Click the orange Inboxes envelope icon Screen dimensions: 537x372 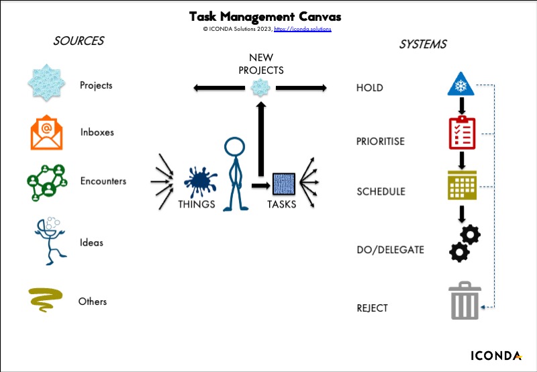(x=46, y=132)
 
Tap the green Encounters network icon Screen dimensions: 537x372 (x=47, y=182)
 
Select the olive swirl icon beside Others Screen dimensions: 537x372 (x=46, y=299)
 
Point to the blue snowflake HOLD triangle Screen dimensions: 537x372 (x=460, y=84)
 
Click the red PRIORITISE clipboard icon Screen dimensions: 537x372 (x=462, y=132)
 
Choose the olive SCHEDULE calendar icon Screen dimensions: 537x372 (x=462, y=185)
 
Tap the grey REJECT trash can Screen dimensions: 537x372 (x=465, y=300)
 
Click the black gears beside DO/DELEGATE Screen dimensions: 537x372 (x=465, y=243)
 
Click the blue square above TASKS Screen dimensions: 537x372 (x=283, y=184)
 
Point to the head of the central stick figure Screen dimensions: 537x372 (x=234, y=147)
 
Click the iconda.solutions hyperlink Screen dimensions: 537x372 (x=303, y=29)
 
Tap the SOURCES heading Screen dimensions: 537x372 (x=79, y=41)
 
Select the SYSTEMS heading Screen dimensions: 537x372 (x=423, y=44)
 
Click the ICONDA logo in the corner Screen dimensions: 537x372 (x=496, y=356)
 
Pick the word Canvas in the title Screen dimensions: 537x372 (x=320, y=16)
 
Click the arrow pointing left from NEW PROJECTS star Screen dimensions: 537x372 (x=219, y=88)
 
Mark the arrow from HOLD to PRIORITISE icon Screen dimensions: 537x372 (x=462, y=106)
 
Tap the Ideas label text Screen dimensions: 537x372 (x=91, y=242)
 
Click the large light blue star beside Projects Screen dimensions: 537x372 (x=46, y=83)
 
